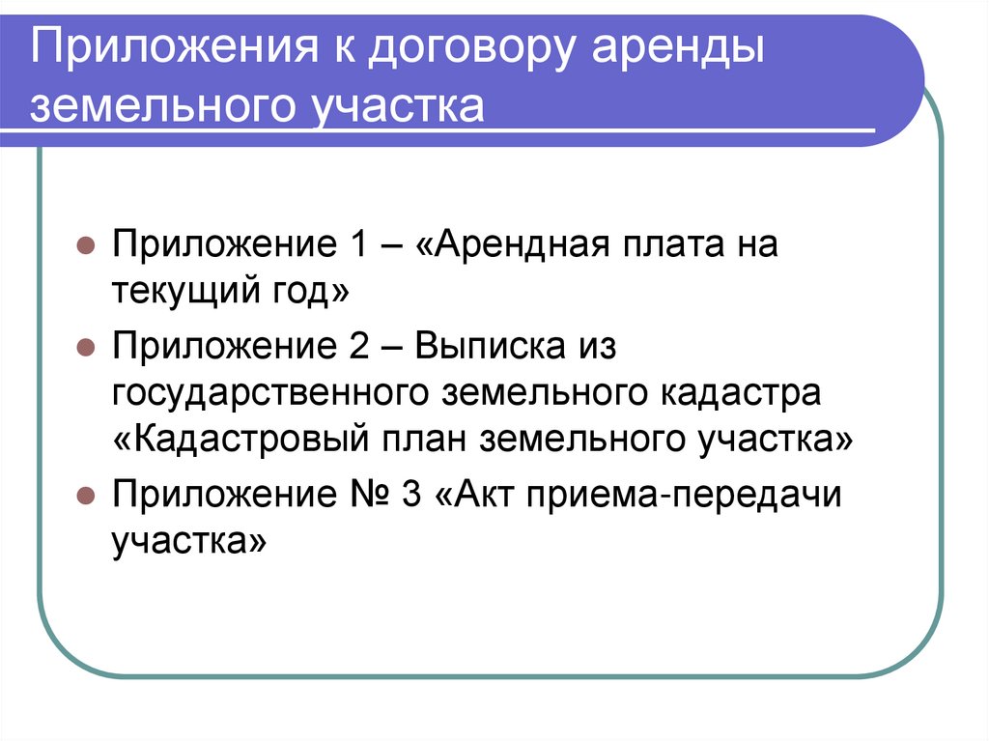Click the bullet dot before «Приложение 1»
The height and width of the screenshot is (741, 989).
click(86, 246)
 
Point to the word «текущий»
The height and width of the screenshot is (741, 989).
click(179, 289)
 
